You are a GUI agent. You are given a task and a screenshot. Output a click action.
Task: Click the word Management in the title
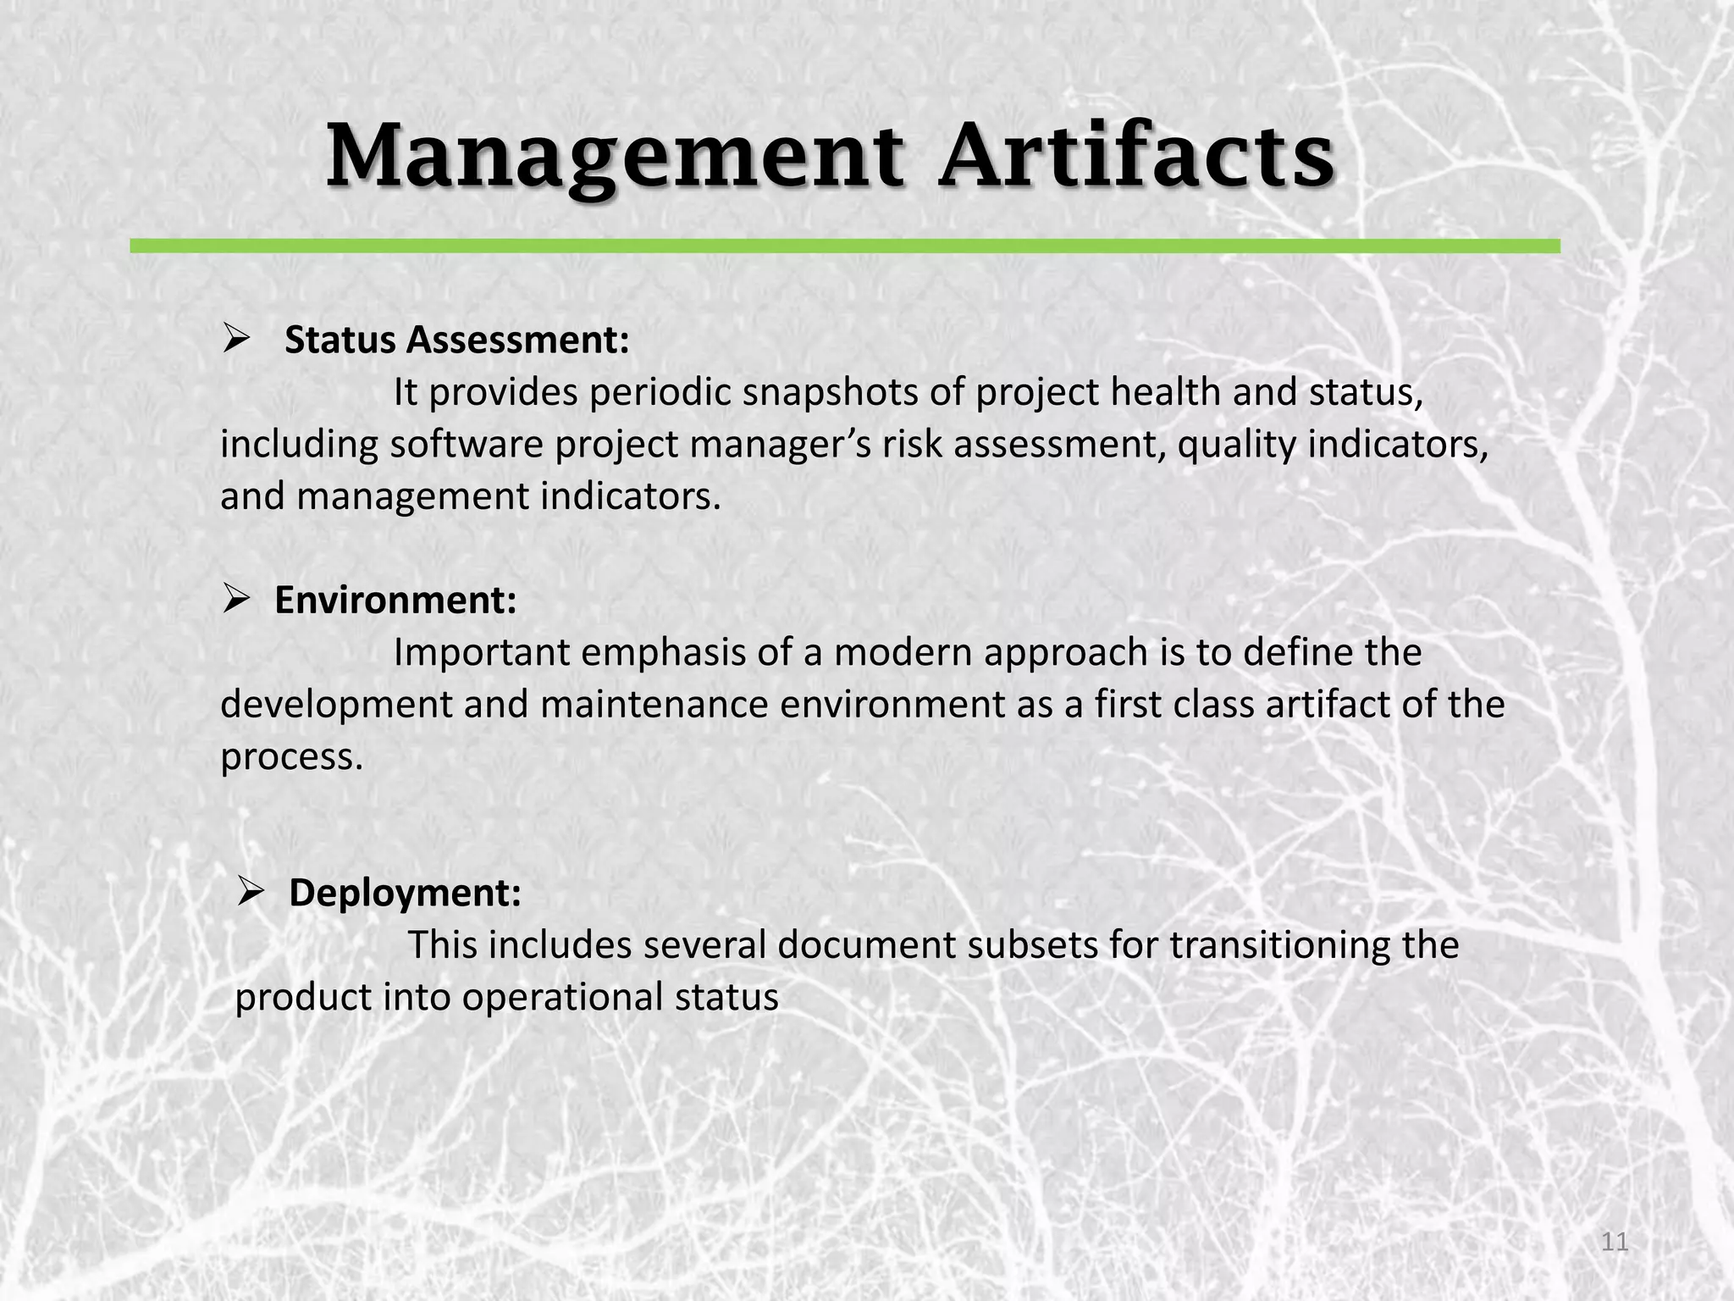pos(614,157)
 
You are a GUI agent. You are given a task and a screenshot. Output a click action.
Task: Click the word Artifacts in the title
pos(1136,157)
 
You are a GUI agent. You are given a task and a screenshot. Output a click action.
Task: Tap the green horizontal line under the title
pos(844,246)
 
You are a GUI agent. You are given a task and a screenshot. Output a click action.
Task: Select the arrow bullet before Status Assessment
pos(236,340)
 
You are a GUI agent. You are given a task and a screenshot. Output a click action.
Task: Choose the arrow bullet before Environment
pos(236,601)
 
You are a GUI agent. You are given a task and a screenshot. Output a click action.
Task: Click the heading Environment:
pos(395,601)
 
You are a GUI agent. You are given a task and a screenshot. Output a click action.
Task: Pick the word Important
pos(482,653)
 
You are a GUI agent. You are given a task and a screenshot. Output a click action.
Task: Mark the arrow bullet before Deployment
pos(251,893)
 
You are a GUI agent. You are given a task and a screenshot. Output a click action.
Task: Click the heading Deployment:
pos(405,893)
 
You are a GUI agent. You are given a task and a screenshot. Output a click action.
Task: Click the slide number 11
pos(1615,1243)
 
